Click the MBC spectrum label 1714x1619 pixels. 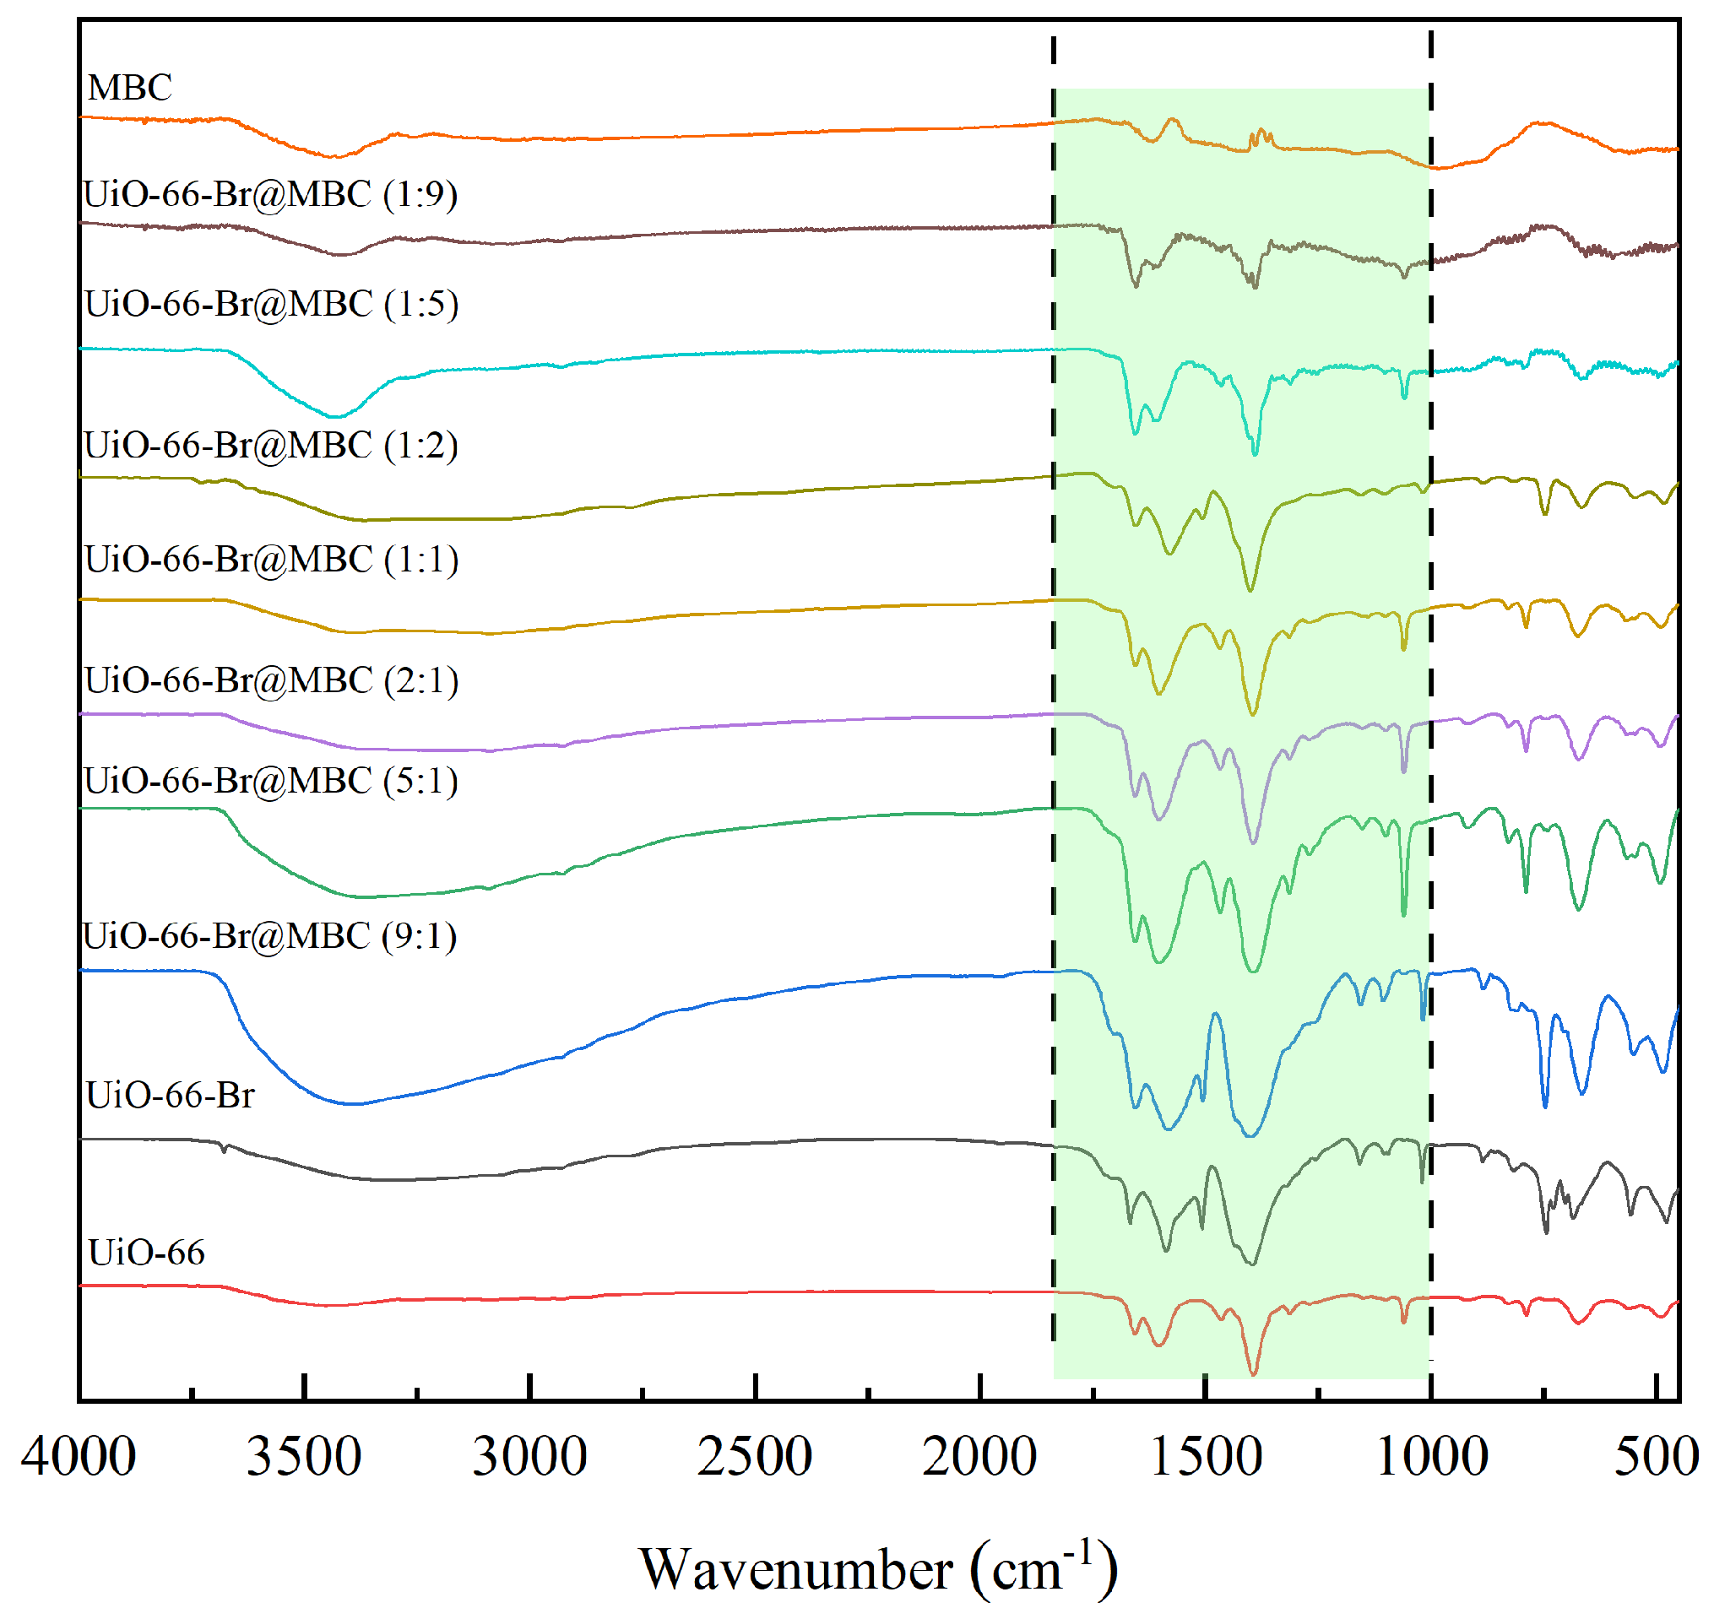129,87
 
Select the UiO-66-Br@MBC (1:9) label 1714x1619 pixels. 270,194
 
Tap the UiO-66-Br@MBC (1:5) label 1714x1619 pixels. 271,304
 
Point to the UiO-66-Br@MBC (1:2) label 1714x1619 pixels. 270,446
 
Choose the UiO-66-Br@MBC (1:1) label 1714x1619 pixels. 271,560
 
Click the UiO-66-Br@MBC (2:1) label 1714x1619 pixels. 271,680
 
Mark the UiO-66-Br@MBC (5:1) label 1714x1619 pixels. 270,780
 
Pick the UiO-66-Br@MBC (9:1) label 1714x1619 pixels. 269,935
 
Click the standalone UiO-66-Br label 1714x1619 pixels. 170,1095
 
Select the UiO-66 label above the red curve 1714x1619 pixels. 147,1252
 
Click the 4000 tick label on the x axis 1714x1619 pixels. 79,1457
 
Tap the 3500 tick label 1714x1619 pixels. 304,1457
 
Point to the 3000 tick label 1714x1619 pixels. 529,1457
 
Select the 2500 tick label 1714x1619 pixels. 754,1457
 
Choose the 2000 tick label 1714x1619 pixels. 979,1457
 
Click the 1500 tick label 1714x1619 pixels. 1205,1457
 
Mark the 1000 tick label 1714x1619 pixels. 1431,1457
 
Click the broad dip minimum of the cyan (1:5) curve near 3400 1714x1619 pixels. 337,417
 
